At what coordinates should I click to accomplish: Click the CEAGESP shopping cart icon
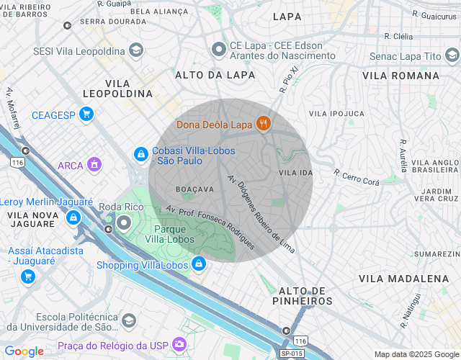(86, 114)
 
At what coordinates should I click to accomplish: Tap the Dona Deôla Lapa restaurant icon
(263, 124)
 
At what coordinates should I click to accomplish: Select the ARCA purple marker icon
(93, 165)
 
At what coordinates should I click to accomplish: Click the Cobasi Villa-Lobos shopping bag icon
(141, 153)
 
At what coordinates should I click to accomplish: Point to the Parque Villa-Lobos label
(167, 233)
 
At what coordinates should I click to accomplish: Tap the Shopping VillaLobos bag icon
(197, 264)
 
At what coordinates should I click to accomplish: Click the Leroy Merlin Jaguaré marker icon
(73, 217)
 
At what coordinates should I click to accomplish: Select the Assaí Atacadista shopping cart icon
(28, 276)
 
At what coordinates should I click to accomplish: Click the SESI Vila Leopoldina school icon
(135, 50)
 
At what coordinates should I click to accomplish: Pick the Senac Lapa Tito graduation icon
(452, 55)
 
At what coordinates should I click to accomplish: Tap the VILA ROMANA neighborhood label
(400, 75)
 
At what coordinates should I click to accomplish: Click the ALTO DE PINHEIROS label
(303, 295)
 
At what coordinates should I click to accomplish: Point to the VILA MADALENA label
(403, 278)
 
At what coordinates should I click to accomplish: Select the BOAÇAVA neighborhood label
(194, 189)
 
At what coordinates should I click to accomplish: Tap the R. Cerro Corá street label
(357, 177)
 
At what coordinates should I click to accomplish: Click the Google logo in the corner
(24, 351)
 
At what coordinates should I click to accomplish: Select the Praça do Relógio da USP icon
(179, 346)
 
